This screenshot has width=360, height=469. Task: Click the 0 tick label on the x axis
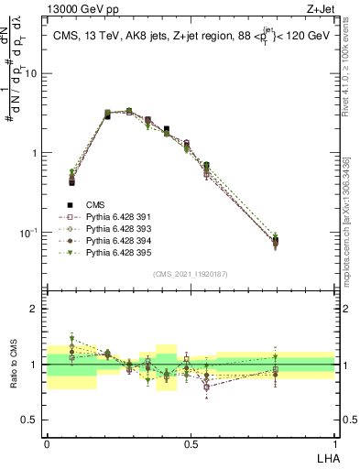tap(47, 443)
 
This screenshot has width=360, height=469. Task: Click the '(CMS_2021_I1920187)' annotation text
tap(190, 274)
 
